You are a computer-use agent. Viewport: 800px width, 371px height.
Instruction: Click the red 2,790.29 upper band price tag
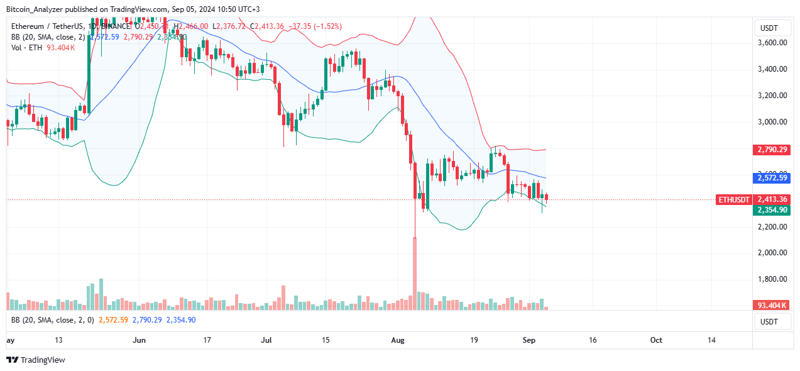(773, 150)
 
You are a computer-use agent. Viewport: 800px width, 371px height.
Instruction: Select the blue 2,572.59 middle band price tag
(773, 178)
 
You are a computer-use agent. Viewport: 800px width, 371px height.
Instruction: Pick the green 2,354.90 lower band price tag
(773, 210)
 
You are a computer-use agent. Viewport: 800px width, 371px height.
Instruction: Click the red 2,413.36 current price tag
(773, 199)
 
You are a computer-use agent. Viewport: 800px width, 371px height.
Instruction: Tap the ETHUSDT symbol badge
(734, 199)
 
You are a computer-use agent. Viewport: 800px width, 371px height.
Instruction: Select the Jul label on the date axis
(266, 340)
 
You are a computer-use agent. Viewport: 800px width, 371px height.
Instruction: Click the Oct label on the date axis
(656, 340)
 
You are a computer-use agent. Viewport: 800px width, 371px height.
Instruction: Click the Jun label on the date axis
(140, 340)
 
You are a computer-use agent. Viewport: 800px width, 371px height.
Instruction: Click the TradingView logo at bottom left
(36, 360)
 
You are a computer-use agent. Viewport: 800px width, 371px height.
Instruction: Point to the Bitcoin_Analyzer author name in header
(38, 9)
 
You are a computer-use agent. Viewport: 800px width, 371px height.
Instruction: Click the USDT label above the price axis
(769, 28)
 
